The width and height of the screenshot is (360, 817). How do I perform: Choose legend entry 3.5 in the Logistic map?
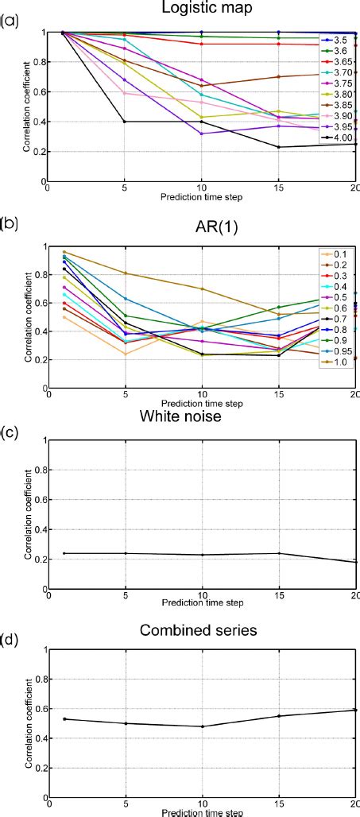coord(339,38)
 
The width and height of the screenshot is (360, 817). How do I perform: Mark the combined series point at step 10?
coord(202,726)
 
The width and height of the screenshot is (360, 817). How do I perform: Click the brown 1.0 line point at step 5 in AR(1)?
coord(126,273)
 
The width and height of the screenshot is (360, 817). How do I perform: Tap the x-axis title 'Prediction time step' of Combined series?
coord(202,811)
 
